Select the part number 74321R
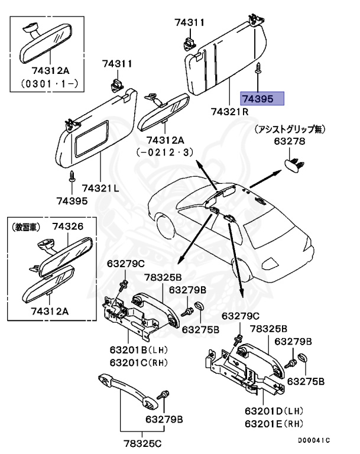coord(229,111)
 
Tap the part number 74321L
coord(100,187)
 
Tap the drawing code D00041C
coord(314,440)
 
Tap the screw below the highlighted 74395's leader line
coord(259,69)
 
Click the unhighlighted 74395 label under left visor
coord(72,200)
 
